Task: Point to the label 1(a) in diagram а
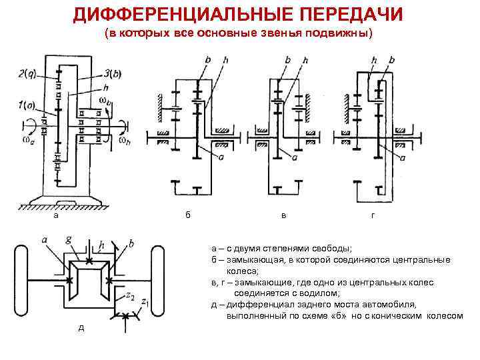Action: (x=29, y=104)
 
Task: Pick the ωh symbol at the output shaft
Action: (x=123, y=140)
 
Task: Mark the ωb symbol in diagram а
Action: (x=105, y=101)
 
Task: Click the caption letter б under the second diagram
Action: (x=188, y=215)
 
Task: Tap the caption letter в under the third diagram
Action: (x=284, y=215)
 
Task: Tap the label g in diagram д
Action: (x=69, y=237)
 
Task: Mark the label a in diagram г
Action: (x=403, y=157)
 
